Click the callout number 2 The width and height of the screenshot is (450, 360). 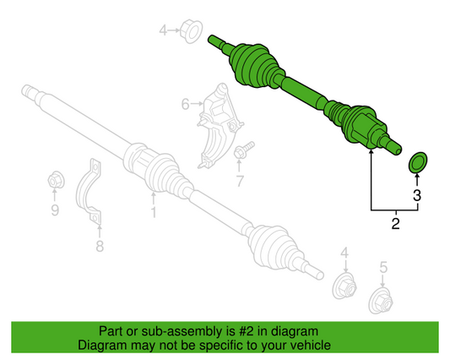click(x=395, y=224)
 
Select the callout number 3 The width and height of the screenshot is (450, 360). click(x=417, y=195)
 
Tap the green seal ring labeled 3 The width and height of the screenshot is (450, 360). click(x=418, y=162)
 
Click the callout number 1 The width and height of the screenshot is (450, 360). click(x=154, y=212)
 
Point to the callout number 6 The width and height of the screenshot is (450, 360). click(x=186, y=104)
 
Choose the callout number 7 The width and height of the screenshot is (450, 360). click(x=239, y=181)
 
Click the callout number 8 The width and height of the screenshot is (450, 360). click(x=100, y=246)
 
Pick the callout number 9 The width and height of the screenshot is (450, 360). click(x=55, y=210)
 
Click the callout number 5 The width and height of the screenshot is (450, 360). click(x=383, y=267)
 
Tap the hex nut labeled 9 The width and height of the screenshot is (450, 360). click(x=56, y=180)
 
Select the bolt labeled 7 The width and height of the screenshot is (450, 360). click(x=243, y=150)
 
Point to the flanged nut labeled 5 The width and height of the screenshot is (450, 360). click(x=381, y=301)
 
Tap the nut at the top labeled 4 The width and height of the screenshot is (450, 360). click(x=191, y=31)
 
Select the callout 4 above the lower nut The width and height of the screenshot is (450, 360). click(x=344, y=253)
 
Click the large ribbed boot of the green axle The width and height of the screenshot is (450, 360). click(x=253, y=66)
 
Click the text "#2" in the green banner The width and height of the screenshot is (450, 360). click(x=246, y=331)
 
